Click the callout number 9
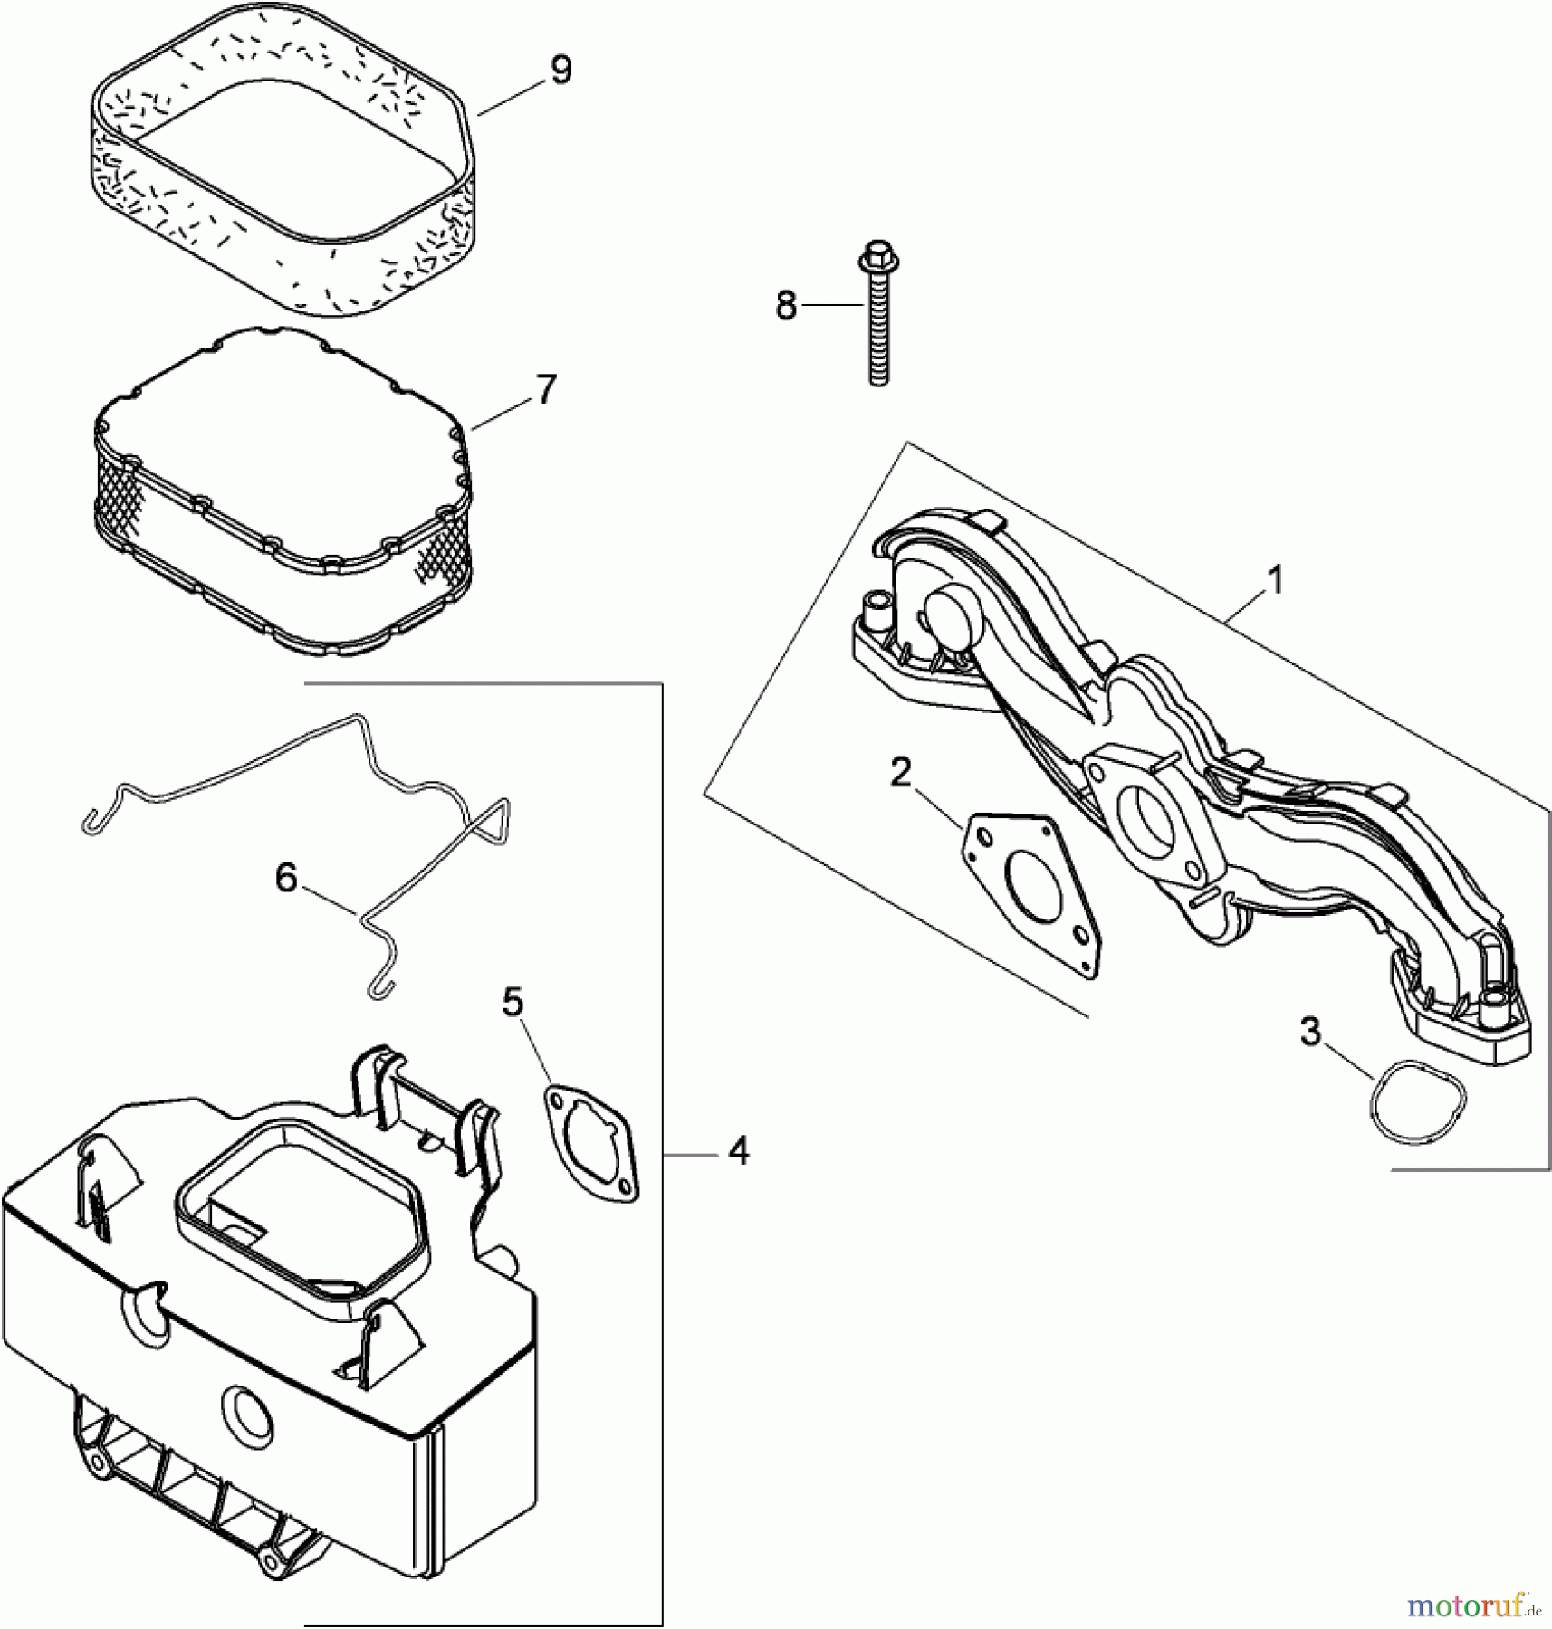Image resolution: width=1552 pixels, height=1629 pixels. [x=561, y=71]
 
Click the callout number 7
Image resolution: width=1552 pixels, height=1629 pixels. [x=546, y=390]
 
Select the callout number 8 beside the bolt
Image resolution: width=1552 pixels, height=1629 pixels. [x=786, y=306]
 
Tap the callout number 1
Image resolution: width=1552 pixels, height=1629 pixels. [x=1275, y=579]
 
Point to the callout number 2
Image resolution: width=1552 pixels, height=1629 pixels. [x=899, y=773]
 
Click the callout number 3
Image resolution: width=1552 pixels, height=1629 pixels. [x=1310, y=1033]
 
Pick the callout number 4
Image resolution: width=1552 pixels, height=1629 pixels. [x=739, y=1152]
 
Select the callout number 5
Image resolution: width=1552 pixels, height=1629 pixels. [x=513, y=1002]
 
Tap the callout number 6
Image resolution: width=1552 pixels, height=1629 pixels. [x=286, y=877]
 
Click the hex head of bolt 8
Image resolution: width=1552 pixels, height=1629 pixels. [x=877, y=255]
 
